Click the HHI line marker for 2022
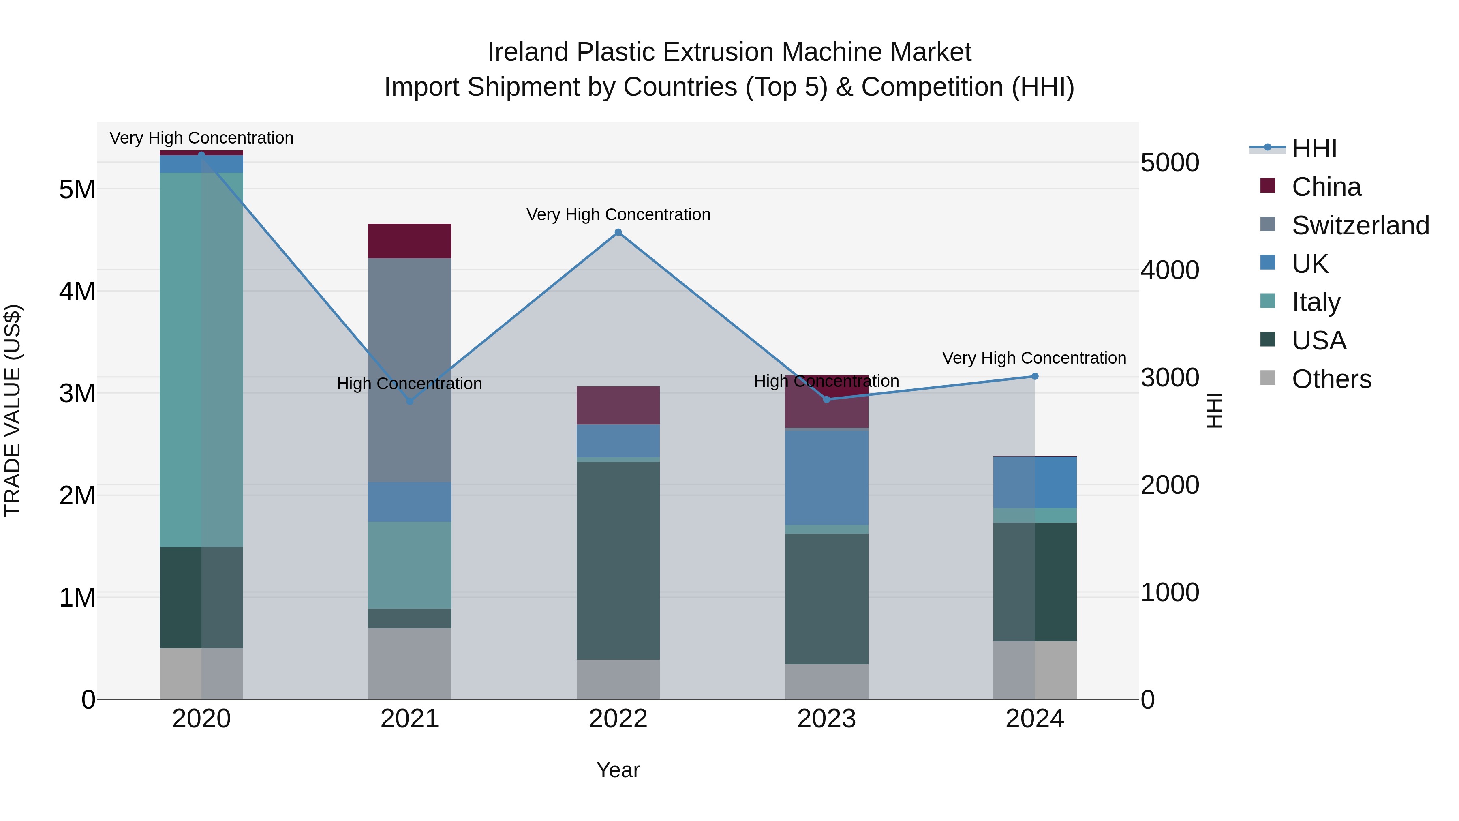point(618,232)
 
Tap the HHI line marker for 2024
point(1035,376)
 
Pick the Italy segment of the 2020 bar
point(201,360)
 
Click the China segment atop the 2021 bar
point(409,241)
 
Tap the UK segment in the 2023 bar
point(826,477)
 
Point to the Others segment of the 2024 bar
point(1035,670)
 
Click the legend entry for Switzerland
point(1360,225)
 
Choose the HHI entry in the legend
point(1314,148)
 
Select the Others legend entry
point(1331,379)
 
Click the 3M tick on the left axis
point(77,393)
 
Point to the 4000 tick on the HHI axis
point(1170,270)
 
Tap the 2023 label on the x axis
point(826,719)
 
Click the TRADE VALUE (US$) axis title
point(13,410)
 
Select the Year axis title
point(618,770)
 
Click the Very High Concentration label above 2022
point(618,215)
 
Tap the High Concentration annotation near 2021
point(409,384)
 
